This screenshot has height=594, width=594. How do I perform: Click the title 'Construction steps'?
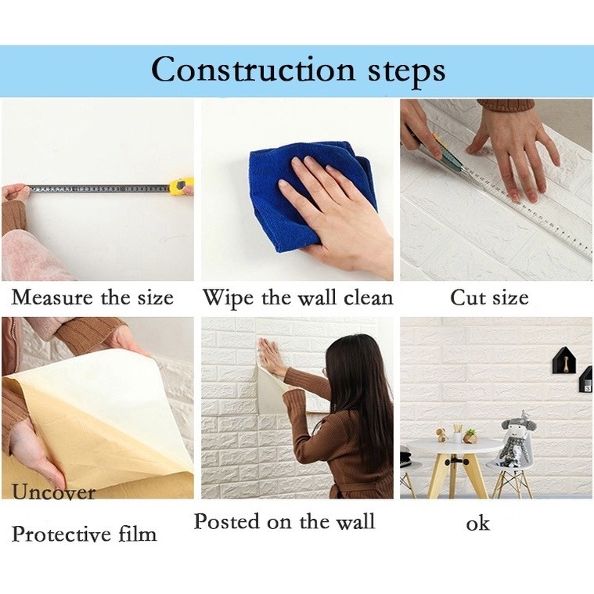pyautogui.click(x=297, y=70)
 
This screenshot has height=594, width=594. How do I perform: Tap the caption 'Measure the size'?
pyautogui.click(x=92, y=298)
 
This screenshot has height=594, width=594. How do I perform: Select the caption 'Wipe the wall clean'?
pyautogui.click(x=297, y=298)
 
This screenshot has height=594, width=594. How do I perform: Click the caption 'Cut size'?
pyautogui.click(x=489, y=298)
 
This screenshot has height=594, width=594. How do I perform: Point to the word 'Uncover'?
pyautogui.click(x=53, y=492)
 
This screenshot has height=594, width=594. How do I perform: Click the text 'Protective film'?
pyautogui.click(x=84, y=535)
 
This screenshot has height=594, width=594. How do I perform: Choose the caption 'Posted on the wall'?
pyautogui.click(x=284, y=521)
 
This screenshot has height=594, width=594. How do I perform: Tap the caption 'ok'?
pyautogui.click(x=477, y=524)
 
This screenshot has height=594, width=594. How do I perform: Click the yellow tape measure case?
pyautogui.click(x=182, y=186)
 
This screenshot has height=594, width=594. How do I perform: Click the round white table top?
pyautogui.click(x=453, y=445)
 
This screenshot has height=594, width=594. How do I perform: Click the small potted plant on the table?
pyautogui.click(x=470, y=435)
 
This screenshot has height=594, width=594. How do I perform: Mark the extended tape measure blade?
pyautogui.click(x=98, y=189)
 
